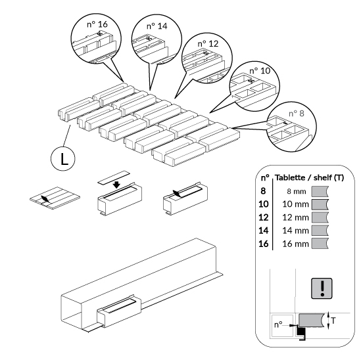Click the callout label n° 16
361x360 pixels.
click(x=97, y=24)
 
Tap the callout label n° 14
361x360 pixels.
click(x=156, y=26)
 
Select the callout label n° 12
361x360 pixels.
click(x=208, y=43)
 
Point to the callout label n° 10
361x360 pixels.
click(x=260, y=70)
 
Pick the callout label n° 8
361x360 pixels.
click(x=297, y=113)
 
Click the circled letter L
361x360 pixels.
click(x=63, y=159)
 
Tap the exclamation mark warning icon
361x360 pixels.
click(x=322, y=288)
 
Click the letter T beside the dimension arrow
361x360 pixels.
click(x=333, y=320)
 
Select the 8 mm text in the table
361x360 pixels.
click(x=297, y=191)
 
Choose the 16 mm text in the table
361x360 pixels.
click(x=295, y=244)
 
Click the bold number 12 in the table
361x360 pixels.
click(x=264, y=217)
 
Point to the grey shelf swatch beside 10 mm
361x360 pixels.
click(x=320, y=204)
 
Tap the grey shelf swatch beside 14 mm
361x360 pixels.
click(x=320, y=231)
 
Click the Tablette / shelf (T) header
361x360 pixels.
click(x=309, y=177)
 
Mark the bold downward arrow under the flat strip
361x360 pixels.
click(x=117, y=184)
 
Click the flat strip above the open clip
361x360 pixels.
click(x=114, y=177)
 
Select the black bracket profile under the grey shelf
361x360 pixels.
click(x=301, y=333)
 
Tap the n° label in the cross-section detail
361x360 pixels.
click(x=278, y=325)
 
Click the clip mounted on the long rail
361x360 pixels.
click(x=118, y=311)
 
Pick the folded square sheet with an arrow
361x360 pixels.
click(x=55, y=198)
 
